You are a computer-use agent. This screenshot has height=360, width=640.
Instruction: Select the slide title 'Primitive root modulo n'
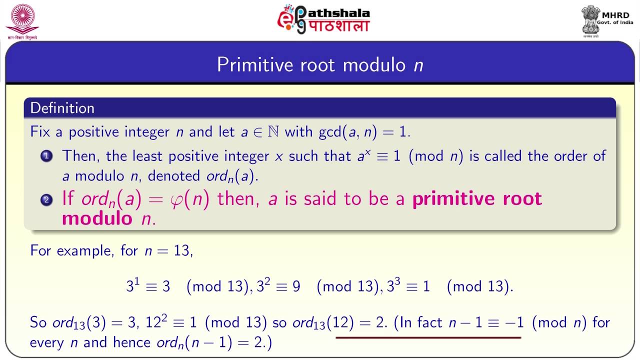[320, 65]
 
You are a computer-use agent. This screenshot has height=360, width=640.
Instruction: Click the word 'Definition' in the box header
[62, 108]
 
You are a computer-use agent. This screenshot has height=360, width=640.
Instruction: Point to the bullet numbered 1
[46, 156]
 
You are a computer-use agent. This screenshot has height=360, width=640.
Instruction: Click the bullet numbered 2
[46, 200]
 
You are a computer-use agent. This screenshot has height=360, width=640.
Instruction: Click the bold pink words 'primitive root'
[477, 199]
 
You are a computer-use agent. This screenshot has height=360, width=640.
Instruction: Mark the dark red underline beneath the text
[428, 337]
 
